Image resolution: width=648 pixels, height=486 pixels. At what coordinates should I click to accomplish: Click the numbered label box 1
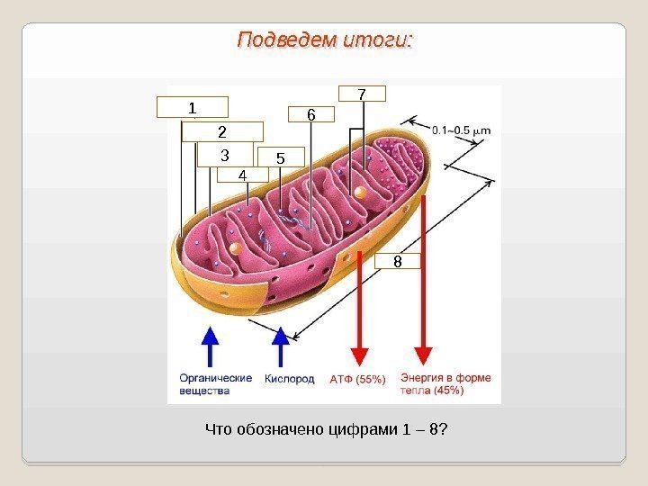coord(192,108)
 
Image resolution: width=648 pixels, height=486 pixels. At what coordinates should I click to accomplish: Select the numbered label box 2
coord(221,132)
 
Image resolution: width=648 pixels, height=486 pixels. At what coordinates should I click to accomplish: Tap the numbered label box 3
coord(226,155)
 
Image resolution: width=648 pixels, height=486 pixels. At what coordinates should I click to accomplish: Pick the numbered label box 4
coord(243,175)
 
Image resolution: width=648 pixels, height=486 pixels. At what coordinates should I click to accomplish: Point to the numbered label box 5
coord(280,158)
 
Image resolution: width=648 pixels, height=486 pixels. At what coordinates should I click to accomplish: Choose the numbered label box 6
coord(310,114)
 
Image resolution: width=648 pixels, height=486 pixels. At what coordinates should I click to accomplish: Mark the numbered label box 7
coord(362,94)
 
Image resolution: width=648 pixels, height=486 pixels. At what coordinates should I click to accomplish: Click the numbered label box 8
coord(397,262)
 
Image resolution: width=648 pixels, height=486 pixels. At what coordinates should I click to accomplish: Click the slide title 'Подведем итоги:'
coord(325,40)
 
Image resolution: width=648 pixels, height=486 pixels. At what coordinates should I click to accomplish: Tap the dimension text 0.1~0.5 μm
coord(461,130)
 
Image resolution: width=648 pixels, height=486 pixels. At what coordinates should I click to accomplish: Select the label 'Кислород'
coord(289,379)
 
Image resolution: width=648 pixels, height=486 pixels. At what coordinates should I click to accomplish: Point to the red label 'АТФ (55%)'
coord(357,380)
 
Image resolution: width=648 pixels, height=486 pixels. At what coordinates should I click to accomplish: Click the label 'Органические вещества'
coord(215,384)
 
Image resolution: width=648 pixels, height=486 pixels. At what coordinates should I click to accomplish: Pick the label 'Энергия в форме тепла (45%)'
coord(445,384)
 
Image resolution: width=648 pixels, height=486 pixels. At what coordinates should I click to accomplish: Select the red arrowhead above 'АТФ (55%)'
coord(358,355)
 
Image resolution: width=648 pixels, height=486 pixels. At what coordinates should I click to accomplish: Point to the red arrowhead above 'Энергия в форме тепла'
coord(423,355)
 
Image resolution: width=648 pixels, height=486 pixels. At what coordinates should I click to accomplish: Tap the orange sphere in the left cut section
coord(235,247)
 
